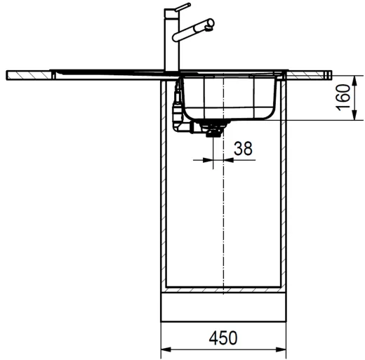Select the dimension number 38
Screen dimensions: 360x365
[243, 148]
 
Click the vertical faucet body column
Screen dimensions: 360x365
[169, 42]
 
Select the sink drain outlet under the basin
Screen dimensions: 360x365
[211, 129]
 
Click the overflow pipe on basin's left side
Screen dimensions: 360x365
[175, 105]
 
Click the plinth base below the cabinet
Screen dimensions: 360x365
[223, 307]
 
